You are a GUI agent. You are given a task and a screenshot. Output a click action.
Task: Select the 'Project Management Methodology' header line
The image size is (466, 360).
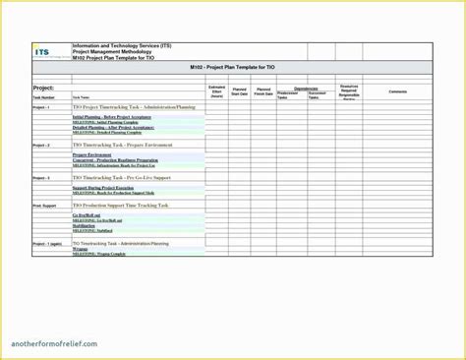(x=113, y=51)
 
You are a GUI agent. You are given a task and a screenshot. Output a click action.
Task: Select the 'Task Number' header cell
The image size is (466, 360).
(x=45, y=97)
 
